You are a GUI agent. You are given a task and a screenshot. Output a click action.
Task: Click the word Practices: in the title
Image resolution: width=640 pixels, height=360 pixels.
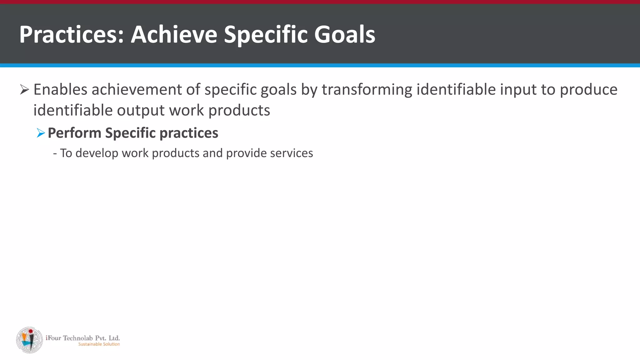click(72, 34)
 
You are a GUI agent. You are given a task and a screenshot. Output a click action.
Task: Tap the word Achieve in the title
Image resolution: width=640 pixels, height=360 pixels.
click(174, 34)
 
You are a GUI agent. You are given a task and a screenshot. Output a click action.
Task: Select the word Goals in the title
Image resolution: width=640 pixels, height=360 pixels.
click(344, 34)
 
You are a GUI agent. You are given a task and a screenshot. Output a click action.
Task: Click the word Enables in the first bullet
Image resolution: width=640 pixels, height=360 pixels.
click(60, 90)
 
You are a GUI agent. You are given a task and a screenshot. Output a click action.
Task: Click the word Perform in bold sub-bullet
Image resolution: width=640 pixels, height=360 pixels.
click(74, 133)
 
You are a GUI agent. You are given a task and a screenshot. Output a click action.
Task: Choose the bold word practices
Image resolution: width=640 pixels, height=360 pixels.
click(189, 133)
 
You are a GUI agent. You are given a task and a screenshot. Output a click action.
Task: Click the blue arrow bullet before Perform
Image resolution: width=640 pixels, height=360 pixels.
click(41, 133)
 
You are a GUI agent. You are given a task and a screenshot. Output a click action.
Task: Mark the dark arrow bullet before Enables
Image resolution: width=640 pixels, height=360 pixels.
click(24, 90)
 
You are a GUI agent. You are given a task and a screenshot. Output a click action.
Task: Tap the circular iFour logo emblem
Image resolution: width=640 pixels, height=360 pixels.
click(29, 340)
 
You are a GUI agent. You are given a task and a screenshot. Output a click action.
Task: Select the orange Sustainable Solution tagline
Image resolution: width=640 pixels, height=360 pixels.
click(99, 344)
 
